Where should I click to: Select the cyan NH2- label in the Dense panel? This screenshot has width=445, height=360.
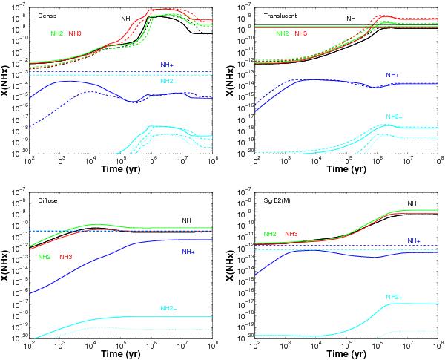pyautogui.click(x=170, y=80)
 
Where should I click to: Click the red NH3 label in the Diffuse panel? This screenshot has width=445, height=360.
pyautogui.click(x=65, y=257)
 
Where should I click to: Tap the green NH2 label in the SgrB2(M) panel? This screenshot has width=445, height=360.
pyautogui.click(x=270, y=233)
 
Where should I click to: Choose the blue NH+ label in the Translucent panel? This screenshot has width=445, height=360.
pyautogui.click(x=392, y=75)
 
